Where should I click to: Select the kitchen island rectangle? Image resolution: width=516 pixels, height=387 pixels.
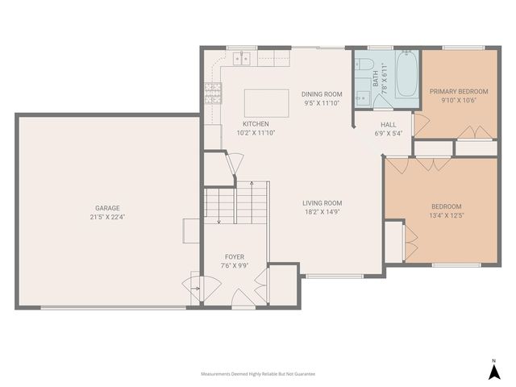coord(266,103)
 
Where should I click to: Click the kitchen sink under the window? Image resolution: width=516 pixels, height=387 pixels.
coord(242,59)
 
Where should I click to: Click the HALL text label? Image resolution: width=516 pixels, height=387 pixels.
coord(389,125)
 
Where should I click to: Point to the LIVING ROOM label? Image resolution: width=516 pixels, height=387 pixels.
coord(322,203)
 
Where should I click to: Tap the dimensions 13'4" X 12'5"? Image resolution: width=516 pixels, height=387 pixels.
coord(446,215)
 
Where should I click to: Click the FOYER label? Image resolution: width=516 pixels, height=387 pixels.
coord(235,257)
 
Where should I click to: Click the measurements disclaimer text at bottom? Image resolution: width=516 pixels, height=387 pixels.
coord(258,374)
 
